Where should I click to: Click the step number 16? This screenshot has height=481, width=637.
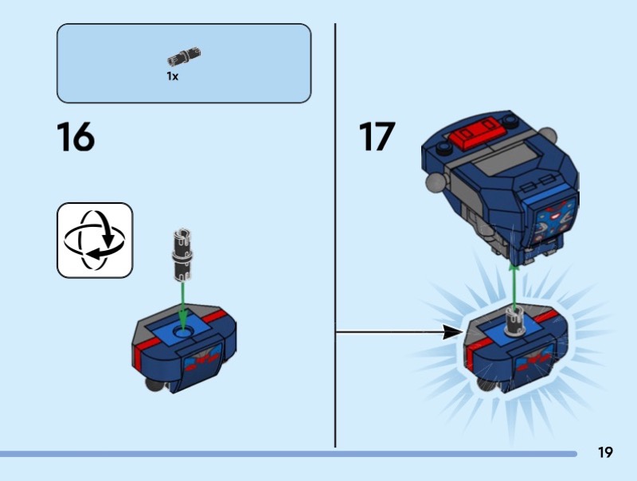(76, 137)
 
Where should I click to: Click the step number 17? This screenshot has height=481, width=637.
(377, 136)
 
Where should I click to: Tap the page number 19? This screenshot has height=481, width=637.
(605, 452)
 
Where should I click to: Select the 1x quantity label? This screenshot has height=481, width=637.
(172, 76)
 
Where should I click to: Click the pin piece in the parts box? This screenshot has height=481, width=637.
(184, 56)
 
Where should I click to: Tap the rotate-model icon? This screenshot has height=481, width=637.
(95, 240)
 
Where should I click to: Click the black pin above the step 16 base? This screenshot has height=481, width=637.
(182, 255)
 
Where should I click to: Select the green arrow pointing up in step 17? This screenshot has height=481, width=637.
(514, 287)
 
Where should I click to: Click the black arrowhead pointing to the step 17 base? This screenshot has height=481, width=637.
(452, 332)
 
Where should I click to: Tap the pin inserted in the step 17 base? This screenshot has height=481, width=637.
(514, 321)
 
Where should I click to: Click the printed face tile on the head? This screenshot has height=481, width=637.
(556, 221)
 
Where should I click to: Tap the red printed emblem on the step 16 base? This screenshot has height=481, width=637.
(203, 362)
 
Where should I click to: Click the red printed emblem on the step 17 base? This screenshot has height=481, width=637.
(533, 362)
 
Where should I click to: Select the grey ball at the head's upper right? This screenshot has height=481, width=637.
(548, 135)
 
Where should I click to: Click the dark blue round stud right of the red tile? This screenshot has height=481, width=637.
(510, 119)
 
